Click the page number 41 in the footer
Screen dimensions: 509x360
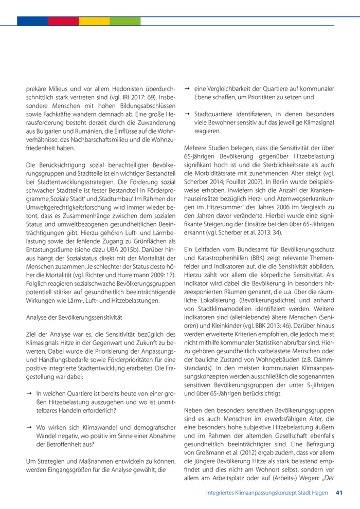click(x=339, y=493)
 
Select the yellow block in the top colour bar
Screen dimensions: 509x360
click(x=94, y=21)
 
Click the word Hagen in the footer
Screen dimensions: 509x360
click(x=319, y=493)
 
